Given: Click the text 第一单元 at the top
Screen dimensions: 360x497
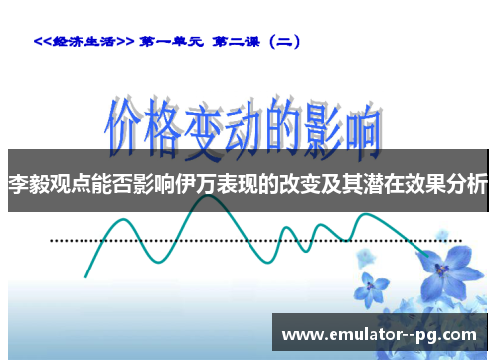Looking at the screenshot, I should point(174,42).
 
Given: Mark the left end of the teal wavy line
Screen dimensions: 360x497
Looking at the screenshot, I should point(86,276).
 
